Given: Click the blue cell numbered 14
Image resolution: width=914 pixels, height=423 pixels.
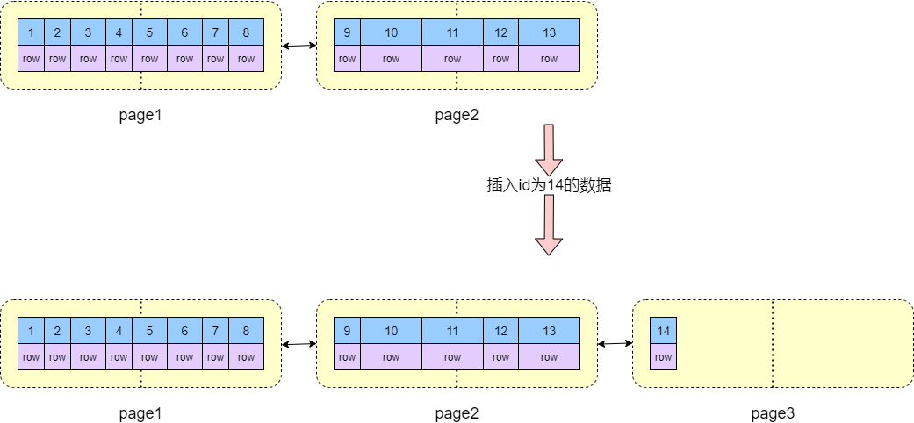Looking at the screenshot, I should [663, 331].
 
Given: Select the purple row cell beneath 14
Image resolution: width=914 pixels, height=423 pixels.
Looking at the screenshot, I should [663, 357].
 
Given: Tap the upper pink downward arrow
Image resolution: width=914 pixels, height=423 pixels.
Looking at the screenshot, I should [549, 149].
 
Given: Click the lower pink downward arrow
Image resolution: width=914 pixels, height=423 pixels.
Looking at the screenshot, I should [549, 224].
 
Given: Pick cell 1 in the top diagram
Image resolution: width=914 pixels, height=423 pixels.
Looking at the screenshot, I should [31, 32].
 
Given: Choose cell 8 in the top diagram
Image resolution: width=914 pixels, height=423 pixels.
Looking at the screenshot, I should [246, 32].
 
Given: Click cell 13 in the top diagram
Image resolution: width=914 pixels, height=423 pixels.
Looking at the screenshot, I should [549, 32].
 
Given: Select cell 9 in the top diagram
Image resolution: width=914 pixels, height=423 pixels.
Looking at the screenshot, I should [347, 32].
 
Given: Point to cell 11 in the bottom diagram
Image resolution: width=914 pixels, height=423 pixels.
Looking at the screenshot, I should [452, 331].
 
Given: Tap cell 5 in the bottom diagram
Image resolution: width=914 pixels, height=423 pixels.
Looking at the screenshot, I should [149, 331].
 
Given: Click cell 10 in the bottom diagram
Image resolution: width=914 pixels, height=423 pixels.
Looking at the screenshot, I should [391, 331].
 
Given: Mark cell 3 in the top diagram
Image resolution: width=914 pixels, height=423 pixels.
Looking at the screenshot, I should [88, 32].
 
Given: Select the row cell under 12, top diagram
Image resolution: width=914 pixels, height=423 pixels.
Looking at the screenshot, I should [500, 59].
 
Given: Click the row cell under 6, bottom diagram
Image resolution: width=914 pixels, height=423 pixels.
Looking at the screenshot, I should [184, 357].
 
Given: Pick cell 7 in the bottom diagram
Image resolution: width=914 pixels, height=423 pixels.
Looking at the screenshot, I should [215, 331].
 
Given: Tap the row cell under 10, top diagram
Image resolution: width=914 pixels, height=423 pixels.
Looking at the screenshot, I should [391, 59].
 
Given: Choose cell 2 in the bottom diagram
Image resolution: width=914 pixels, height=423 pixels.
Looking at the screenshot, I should [57, 331].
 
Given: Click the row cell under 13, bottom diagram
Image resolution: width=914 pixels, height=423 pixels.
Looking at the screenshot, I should [549, 357].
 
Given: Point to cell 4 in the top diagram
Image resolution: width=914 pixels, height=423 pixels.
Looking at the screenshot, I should [119, 32].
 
